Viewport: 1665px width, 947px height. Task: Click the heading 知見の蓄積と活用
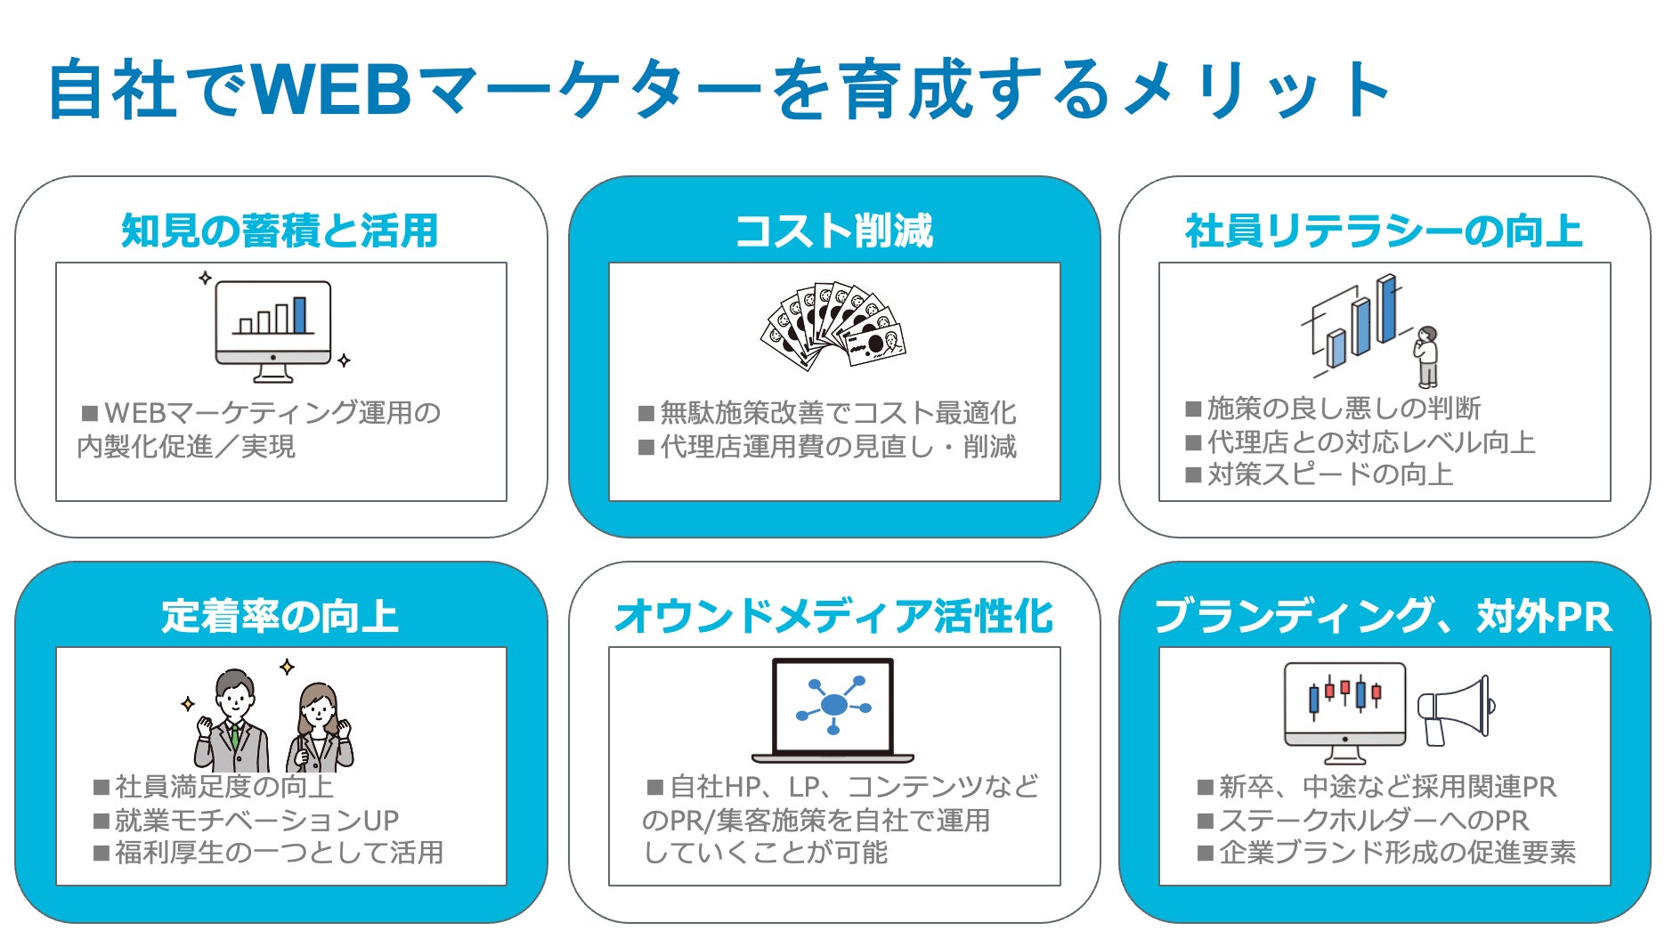coord(280,231)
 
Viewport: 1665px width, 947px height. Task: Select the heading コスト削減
coord(833,231)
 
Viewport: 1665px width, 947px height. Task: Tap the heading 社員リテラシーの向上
coord(1384,231)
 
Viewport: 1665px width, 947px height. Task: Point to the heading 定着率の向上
coord(280,616)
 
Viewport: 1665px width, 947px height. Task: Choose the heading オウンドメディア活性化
coord(833,616)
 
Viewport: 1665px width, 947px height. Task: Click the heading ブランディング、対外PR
coord(1384,616)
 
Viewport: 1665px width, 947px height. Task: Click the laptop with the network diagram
coord(833,710)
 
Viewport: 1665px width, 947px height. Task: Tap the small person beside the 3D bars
coord(1426,356)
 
